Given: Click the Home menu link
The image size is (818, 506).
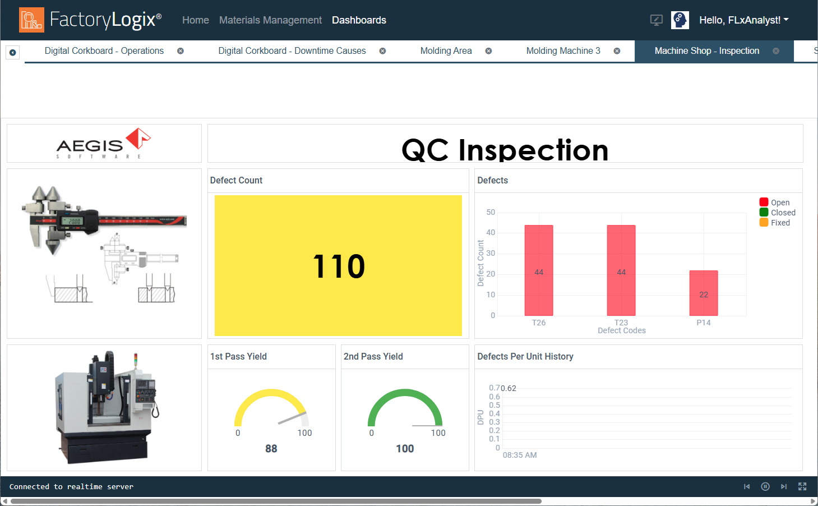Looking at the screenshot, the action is pos(195,20).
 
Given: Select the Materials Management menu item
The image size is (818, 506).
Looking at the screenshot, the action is pos(270,20).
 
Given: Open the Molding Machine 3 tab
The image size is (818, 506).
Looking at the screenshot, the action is pos(563,51).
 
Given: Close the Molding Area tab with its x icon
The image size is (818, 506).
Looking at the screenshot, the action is pos(488,51).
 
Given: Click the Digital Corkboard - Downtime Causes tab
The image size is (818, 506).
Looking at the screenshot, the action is pos(292,51).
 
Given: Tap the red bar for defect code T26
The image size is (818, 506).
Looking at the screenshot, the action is pos(539,270).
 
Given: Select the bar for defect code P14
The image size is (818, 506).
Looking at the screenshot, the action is pos(703,293).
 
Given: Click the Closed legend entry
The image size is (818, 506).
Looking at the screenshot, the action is pos(778,213).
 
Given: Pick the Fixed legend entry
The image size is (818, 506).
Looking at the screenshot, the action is pos(774,223).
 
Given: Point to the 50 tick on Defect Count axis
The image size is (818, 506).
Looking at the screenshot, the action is pos(491,212).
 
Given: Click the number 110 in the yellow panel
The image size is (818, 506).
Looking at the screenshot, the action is pos(339,266).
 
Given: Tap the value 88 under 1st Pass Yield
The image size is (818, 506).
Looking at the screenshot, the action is pos(271,449).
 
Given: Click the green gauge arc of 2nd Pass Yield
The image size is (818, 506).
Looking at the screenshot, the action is pos(405,392).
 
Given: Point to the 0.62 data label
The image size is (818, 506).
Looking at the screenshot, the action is pos(509,388).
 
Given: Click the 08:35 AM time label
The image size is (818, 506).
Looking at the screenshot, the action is pos(520,455).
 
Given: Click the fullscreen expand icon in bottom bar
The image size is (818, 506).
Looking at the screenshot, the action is pos(802,486).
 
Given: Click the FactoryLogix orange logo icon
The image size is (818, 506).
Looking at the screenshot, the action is pos(32,20).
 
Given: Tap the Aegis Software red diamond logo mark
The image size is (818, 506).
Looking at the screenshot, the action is pos(138,139).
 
